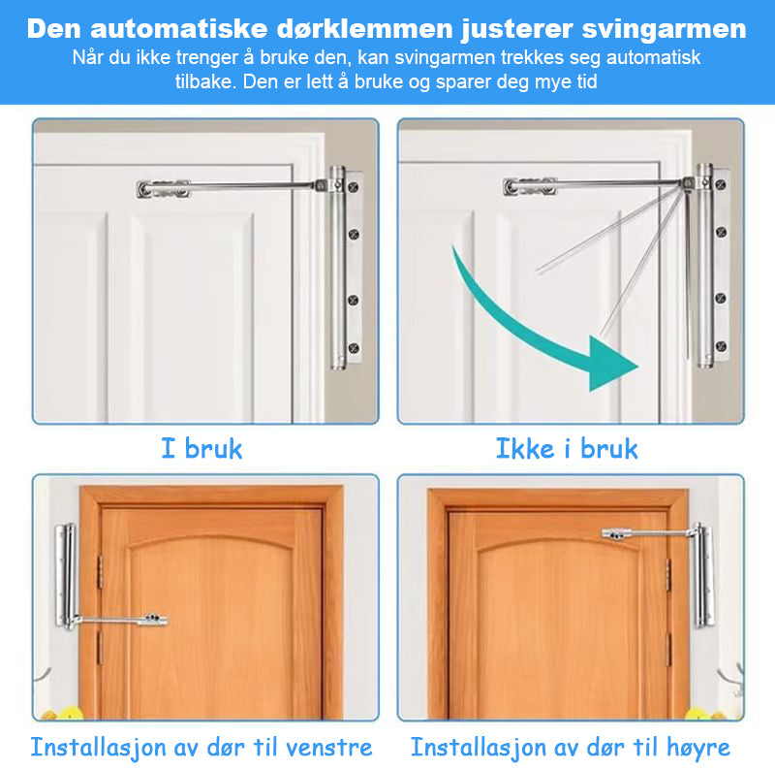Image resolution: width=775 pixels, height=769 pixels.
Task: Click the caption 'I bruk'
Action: pos(201,449)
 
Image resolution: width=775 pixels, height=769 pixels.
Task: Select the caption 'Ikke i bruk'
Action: pos(567,449)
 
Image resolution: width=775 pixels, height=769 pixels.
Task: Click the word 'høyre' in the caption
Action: pos(691,748)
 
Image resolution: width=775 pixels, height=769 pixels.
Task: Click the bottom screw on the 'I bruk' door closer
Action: pos(355,346)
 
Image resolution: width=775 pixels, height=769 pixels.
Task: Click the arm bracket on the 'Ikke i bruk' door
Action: pos(529,186)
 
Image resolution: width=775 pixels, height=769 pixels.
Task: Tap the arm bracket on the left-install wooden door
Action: pos(151,618)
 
